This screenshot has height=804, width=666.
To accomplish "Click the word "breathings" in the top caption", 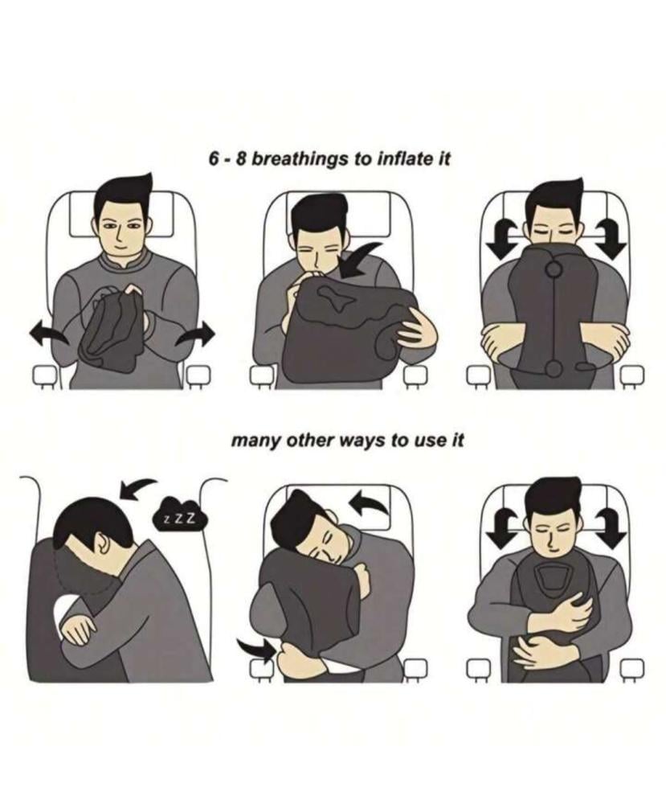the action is [x=299, y=159].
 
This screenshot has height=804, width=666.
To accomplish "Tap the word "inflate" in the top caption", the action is [x=402, y=158].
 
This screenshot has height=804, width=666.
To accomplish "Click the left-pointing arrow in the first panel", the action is [x=49, y=336].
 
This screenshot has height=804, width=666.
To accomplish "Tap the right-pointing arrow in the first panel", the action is [x=194, y=335].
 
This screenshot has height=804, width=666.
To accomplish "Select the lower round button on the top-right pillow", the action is [x=554, y=367].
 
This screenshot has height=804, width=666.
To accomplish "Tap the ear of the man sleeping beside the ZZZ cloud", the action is [x=104, y=544].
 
